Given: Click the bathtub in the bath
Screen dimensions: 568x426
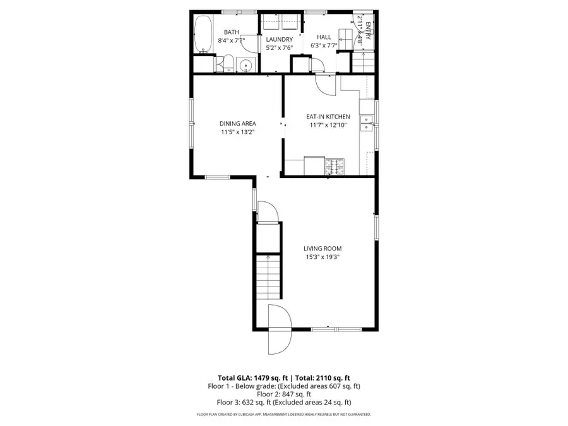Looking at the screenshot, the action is [x=203, y=34].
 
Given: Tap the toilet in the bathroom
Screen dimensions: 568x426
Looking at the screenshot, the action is [x=226, y=64].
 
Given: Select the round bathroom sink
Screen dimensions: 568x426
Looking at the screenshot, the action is [x=246, y=65].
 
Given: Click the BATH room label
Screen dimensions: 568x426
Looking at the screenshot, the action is [x=232, y=32].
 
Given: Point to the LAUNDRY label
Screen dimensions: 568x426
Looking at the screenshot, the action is [x=280, y=39].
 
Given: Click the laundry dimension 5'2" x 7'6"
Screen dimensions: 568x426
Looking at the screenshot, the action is [x=280, y=47].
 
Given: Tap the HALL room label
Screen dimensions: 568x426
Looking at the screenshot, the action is [x=324, y=37].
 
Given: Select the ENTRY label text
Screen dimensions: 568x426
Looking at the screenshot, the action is [x=368, y=31].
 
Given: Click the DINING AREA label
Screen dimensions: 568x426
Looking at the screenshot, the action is [x=238, y=124].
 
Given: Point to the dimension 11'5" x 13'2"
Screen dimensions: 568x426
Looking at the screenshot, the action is [x=238, y=132].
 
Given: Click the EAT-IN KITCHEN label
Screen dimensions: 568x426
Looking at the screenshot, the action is [x=328, y=117].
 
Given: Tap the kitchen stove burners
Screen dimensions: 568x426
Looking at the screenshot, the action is [x=334, y=167].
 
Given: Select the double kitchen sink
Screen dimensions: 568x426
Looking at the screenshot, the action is [x=367, y=123].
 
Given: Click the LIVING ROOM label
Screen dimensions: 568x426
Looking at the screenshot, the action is [x=322, y=249].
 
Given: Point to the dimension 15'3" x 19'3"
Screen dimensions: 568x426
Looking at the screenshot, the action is [x=322, y=257].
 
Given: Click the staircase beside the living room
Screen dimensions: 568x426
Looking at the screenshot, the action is [x=268, y=277].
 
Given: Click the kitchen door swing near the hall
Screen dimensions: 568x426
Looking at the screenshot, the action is [x=325, y=85].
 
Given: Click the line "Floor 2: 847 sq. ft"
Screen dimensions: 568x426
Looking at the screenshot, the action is [x=284, y=394].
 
